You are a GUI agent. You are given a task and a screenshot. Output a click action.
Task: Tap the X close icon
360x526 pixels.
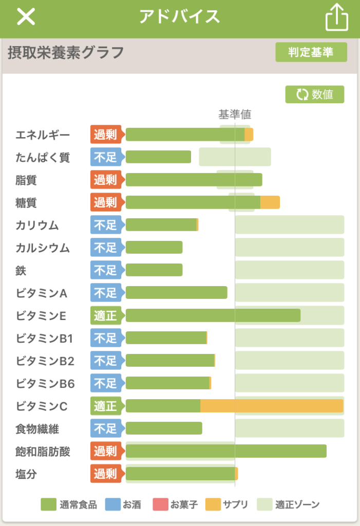click(x=26, y=17)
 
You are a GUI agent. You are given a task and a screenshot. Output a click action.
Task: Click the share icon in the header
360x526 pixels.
click(x=337, y=17)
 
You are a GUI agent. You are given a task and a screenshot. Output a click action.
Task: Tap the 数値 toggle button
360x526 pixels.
click(x=315, y=95)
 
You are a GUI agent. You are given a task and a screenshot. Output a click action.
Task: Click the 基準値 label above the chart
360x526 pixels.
click(x=235, y=114)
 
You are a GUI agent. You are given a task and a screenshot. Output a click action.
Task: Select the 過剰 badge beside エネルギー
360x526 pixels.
click(x=106, y=135)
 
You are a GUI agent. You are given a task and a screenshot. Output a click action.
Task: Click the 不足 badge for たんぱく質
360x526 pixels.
click(x=106, y=157)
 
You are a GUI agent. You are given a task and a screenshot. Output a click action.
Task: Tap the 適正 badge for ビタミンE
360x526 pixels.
click(x=106, y=315)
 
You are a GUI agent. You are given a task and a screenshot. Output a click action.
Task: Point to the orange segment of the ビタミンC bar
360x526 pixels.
click(x=271, y=406)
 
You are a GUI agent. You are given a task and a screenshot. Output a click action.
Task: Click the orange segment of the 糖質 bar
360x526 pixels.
click(x=270, y=202)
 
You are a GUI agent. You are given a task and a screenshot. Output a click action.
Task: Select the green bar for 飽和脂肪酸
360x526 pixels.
click(x=226, y=451)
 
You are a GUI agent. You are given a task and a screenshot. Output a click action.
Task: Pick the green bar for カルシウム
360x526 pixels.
click(x=154, y=248)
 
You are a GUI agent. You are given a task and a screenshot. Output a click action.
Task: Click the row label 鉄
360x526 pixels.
click(x=21, y=270)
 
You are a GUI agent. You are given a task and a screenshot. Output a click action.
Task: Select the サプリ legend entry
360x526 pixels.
click(x=226, y=504)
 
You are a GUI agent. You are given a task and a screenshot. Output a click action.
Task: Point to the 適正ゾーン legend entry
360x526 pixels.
click(x=288, y=504)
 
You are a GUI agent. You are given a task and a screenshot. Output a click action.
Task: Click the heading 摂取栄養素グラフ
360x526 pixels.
click(x=66, y=52)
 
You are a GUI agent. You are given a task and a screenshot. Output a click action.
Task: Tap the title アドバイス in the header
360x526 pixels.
click(x=180, y=17)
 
